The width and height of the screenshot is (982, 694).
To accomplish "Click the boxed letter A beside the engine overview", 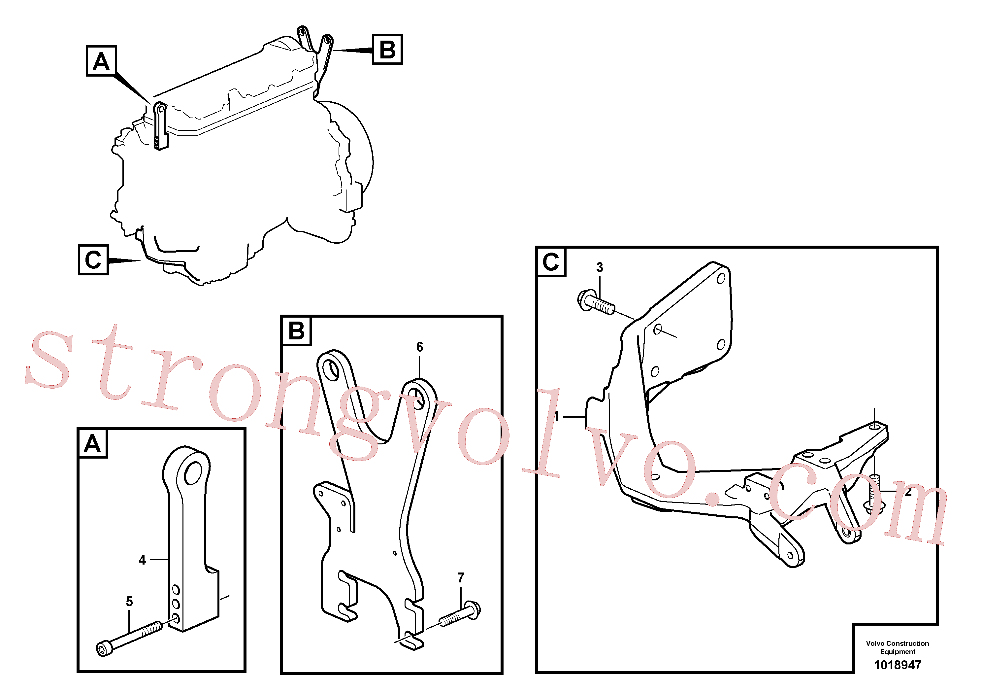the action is (101, 61).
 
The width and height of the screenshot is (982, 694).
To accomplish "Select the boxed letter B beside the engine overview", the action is (387, 49).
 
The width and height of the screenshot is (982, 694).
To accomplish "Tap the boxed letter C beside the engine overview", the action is (93, 260).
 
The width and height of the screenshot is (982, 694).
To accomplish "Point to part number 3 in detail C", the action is (600, 267).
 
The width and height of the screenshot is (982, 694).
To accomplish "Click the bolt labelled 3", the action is (596, 302).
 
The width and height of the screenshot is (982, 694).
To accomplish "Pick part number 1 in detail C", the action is (557, 416).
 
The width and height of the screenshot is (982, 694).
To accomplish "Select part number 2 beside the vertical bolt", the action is (908, 492).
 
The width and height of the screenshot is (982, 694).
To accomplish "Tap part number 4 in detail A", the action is (143, 560).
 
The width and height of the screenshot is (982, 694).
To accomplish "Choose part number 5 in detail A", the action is (129, 602).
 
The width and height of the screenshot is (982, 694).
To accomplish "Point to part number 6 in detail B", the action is (420, 347).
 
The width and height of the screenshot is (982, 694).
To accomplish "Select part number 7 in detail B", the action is (461, 578).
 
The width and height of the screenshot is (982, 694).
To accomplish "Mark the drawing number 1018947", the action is (897, 665).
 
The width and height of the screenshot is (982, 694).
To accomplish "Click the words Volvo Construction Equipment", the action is (897, 647).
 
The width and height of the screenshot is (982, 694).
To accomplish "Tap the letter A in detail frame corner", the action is (92, 443).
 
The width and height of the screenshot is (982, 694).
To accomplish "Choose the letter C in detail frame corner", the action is (551, 262).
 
